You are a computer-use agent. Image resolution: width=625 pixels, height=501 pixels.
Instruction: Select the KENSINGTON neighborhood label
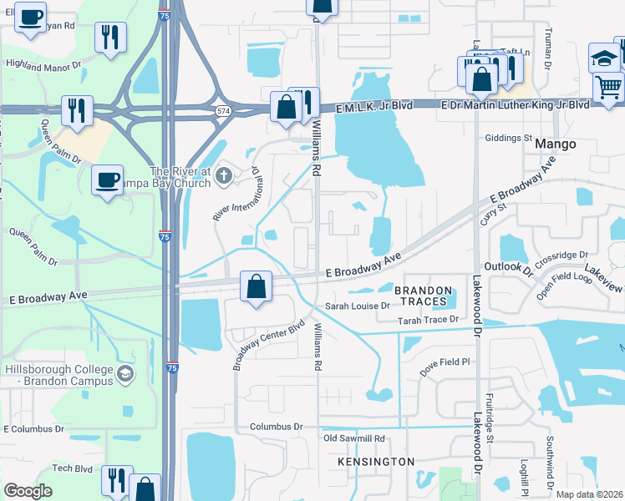click(376, 462)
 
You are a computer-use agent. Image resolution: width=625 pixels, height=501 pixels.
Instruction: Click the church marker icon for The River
click(222, 176)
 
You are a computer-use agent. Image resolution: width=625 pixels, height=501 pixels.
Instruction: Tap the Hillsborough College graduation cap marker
click(125, 372)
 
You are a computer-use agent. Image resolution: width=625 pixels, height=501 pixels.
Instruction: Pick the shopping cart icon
click(608, 85)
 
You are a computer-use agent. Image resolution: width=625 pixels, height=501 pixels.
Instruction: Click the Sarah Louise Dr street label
click(358, 306)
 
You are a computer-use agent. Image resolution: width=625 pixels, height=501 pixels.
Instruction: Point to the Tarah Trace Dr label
click(429, 320)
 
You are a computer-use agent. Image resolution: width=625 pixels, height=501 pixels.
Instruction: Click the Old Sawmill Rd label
click(353, 438)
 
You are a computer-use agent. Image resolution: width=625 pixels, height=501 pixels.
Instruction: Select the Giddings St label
click(509, 138)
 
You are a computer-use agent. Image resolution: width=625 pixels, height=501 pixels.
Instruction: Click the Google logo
click(28, 491)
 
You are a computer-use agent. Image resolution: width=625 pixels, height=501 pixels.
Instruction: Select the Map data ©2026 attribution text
click(590, 494)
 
